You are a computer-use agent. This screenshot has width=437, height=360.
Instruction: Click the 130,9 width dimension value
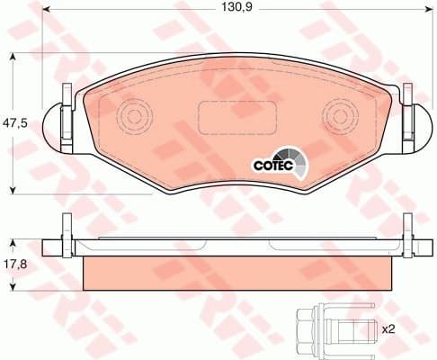pos(235,11)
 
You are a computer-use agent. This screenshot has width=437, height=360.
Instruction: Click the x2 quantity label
pos(389,329)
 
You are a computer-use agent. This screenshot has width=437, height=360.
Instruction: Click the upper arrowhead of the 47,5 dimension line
pos(13,57)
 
